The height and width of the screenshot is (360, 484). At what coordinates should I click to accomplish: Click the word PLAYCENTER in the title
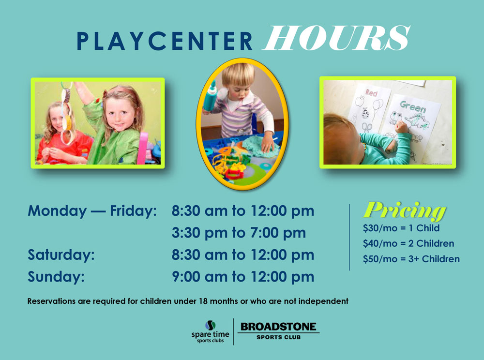tap(165, 41)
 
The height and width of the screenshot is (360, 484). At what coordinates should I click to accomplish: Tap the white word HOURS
tap(336, 38)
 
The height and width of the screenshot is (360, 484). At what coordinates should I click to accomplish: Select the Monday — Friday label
tap(92, 211)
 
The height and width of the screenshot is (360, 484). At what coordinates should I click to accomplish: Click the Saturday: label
tap(61, 255)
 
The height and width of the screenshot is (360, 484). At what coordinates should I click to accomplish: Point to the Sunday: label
tap(56, 277)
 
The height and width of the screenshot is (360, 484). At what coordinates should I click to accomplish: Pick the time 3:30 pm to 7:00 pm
tap(239, 233)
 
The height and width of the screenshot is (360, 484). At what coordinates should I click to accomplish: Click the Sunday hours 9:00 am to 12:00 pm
tap(243, 277)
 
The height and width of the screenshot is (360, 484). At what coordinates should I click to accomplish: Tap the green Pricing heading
tap(405, 210)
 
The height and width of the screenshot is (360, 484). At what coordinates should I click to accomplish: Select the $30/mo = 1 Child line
tap(401, 228)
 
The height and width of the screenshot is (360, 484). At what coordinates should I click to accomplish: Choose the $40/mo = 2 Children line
tap(408, 244)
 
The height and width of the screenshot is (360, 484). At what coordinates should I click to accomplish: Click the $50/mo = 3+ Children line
tap(411, 259)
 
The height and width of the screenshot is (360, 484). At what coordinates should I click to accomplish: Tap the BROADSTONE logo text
tap(278, 327)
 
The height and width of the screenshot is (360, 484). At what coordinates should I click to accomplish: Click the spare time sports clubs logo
tap(210, 331)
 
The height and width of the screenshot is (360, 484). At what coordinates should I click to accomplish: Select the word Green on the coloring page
tap(413, 107)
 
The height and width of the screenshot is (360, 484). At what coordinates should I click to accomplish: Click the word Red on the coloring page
tap(371, 92)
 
